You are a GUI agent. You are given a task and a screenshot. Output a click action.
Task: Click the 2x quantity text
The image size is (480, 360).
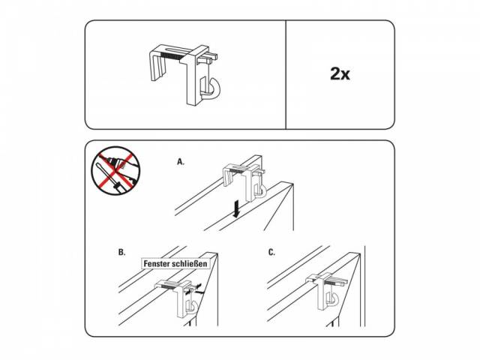(x=340, y=73)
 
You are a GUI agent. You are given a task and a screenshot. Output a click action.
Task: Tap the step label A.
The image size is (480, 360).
(x=181, y=162)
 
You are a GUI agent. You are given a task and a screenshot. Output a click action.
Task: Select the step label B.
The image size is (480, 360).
(x=121, y=252)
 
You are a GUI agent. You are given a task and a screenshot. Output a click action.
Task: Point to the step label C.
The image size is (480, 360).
(x=271, y=252)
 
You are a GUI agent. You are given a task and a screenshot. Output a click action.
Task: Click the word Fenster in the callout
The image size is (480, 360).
(x=157, y=263)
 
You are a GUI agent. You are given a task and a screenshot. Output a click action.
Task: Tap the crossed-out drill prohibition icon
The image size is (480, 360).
(x=116, y=170)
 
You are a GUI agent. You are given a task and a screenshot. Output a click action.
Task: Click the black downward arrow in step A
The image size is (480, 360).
(x=236, y=210)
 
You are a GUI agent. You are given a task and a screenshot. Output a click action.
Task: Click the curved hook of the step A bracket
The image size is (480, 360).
(x=261, y=190)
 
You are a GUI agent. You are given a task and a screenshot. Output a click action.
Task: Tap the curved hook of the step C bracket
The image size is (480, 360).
(x=332, y=298)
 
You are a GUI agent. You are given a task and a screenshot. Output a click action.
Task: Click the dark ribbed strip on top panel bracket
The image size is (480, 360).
(x=173, y=55)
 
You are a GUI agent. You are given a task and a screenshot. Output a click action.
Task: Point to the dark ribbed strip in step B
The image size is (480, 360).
(x=167, y=286)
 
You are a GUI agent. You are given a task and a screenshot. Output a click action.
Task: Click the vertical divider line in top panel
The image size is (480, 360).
(x=286, y=75)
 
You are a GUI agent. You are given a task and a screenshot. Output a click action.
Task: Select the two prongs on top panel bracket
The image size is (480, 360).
(x=208, y=58)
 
